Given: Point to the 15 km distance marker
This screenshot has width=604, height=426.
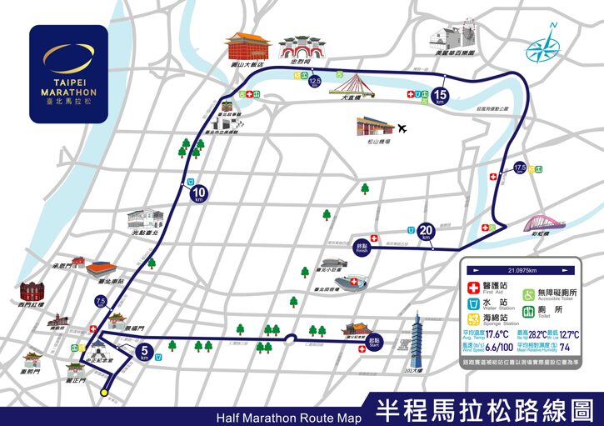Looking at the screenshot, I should click(442, 97).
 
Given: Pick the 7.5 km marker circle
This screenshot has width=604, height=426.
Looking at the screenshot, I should click(101, 303).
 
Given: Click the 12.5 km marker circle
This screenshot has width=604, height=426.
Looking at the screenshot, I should click(314, 82).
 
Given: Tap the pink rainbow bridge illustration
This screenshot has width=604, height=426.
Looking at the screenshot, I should click(545, 223).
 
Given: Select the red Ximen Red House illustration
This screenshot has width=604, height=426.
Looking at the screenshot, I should click(35, 293).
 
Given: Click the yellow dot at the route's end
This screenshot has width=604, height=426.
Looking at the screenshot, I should click(104, 392).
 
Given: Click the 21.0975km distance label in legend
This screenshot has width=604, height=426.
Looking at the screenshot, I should click(519, 270).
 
